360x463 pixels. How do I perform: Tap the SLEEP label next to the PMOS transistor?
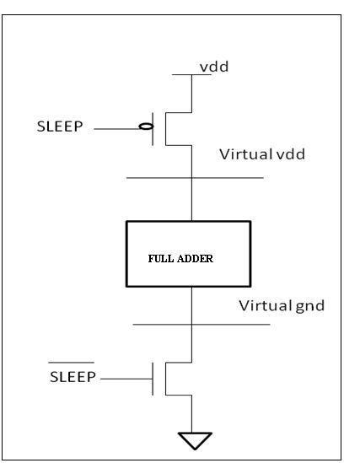[71, 129]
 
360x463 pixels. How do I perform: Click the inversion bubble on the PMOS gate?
[146, 129]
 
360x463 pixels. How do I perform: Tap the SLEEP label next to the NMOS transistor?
[73, 374]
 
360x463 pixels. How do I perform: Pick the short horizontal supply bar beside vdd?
[190, 74]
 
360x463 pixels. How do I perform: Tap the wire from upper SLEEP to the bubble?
[116, 129]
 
